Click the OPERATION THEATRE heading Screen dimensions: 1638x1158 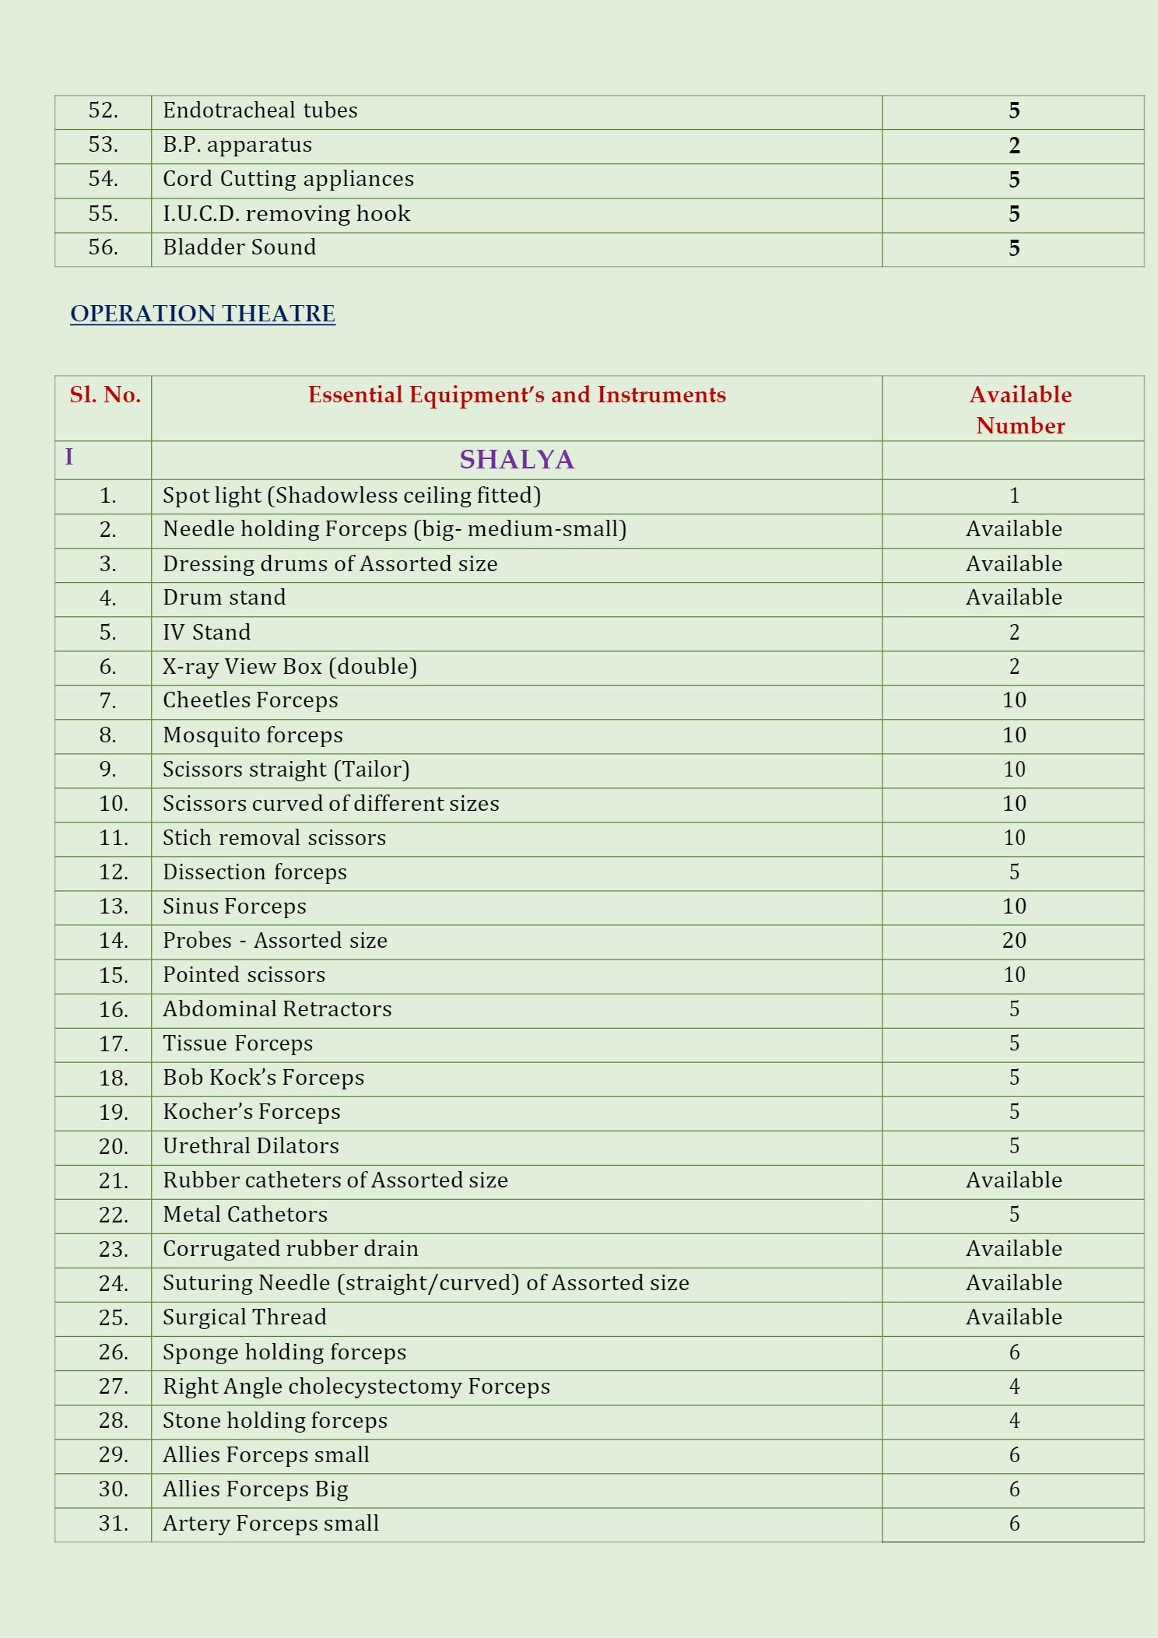coord(202,314)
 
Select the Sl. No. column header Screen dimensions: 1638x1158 coord(105,395)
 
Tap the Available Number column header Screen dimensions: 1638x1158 coord(1019,410)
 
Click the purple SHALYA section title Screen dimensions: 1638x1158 coord(517,460)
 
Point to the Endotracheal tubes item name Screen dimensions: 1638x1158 coord(260,110)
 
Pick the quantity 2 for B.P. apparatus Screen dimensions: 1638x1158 coord(1014,146)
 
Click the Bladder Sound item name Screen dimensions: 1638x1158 coord(239,247)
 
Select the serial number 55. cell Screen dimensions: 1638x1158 coord(103,214)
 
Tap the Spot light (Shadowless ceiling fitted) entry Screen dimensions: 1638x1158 coord(351,496)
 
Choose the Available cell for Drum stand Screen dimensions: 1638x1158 coord(1013,598)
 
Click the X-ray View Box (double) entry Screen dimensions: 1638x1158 coord(289,667)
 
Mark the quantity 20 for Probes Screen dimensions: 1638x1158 coord(1014,941)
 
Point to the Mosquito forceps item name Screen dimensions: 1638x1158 coord(252,735)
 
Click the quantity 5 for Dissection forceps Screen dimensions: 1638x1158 coord(1014,872)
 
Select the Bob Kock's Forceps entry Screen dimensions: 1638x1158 coord(263,1078)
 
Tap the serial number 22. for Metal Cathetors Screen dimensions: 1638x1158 coord(114,1215)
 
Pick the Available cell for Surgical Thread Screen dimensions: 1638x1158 coord(1013,1317)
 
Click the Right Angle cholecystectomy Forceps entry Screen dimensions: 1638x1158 coord(356,1387)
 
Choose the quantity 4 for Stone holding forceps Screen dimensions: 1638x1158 coord(1014,1421)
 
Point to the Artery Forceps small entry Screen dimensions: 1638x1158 coord(270,1524)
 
